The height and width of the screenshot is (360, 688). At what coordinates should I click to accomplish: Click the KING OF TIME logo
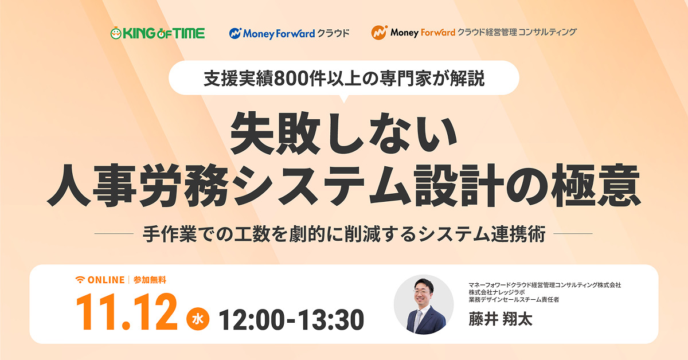tap(157, 33)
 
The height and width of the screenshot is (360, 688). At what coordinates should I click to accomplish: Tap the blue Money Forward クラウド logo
tap(289, 33)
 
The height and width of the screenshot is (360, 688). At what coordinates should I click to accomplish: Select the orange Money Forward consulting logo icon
tap(378, 33)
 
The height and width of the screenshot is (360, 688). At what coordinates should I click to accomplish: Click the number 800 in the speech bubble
tap(291, 79)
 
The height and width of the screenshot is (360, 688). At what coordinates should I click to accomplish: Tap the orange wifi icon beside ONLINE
tap(80, 280)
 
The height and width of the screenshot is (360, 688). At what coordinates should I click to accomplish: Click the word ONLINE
tap(105, 280)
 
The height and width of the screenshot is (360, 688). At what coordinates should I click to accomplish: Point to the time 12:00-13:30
tap(291, 319)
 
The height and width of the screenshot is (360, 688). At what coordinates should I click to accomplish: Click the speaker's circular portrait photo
tap(424, 304)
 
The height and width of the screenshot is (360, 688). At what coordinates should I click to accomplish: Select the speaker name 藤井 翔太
tap(500, 319)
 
